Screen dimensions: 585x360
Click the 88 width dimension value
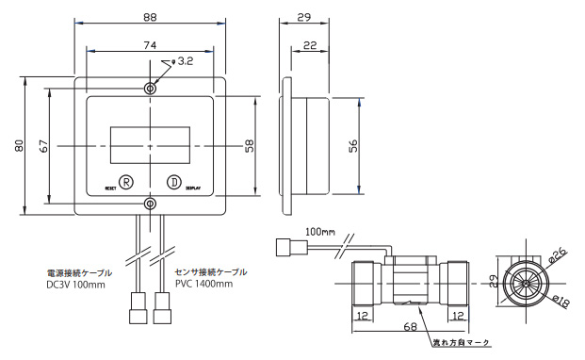pos(150,17)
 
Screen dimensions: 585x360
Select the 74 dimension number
pos(150,45)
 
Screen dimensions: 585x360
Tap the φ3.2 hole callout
pos(183,61)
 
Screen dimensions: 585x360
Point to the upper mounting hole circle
pos(150,89)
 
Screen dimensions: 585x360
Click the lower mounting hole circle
pos(150,204)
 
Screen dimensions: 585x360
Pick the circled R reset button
pos(126,183)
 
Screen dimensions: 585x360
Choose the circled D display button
pos(173,183)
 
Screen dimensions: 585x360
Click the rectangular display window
pos(150,145)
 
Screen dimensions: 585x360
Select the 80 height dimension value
pos(19,145)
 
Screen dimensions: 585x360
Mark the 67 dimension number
pos(43,145)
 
